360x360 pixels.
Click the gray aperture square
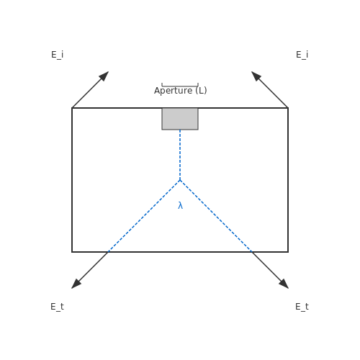pos(180,119)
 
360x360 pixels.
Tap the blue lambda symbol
pos(181,205)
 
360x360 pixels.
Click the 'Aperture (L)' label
pos(181,91)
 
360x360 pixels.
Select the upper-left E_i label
pos(58,55)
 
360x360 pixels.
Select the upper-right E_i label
pos(302,55)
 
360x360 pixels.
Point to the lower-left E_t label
pos(57,307)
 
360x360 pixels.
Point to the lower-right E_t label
pos(302,307)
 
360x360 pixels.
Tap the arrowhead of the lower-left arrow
pos(75,285)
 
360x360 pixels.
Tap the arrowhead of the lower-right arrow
pos(285,285)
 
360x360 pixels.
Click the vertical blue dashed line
pos(180,155)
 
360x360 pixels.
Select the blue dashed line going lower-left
pos(144,216)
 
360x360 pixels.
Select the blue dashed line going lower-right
pos(216,216)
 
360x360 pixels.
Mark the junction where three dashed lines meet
pos(180,180)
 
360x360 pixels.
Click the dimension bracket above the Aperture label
pos(180,86)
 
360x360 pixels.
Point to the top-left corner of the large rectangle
pos(72,108)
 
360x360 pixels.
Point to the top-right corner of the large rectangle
pos(288,108)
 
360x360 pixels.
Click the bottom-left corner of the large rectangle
pos(72,252)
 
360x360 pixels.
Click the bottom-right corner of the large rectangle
pos(288,252)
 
